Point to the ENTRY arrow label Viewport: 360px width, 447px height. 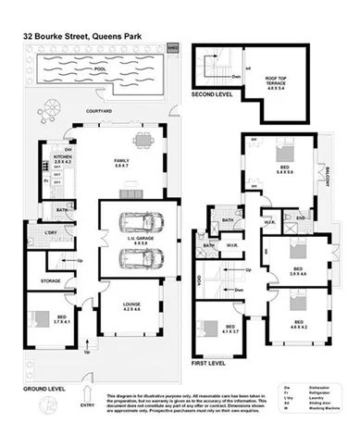pyautogui.click(x=88, y=404)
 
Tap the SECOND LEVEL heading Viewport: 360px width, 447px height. pyautogui.click(x=214, y=94)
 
